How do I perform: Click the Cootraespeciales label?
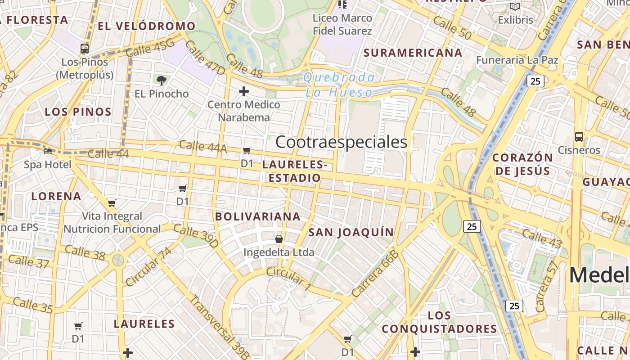pyautogui.click(x=341, y=142)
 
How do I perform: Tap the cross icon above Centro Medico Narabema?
pyautogui.click(x=244, y=91)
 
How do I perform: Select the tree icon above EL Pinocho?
pyautogui.click(x=162, y=81)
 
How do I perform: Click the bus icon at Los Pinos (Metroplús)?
pyautogui.click(x=85, y=49)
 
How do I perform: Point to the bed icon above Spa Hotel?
pyautogui.click(x=48, y=151)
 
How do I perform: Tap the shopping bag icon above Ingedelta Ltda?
pyautogui.click(x=279, y=238)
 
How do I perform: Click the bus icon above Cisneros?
pyautogui.click(x=579, y=136)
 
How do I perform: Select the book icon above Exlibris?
pyautogui.click(x=515, y=7)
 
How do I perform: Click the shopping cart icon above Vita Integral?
pyautogui.click(x=112, y=203)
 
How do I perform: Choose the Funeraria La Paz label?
pyautogui.click(x=517, y=60)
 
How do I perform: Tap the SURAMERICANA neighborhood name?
pyautogui.click(x=413, y=53)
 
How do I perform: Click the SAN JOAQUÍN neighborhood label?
pyautogui.click(x=351, y=232)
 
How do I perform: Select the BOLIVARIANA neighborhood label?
pyautogui.click(x=257, y=216)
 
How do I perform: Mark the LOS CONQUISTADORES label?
pyautogui.click(x=439, y=322)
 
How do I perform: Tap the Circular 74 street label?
pyautogui.click(x=148, y=266)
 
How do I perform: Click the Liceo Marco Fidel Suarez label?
pyautogui.click(x=342, y=25)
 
